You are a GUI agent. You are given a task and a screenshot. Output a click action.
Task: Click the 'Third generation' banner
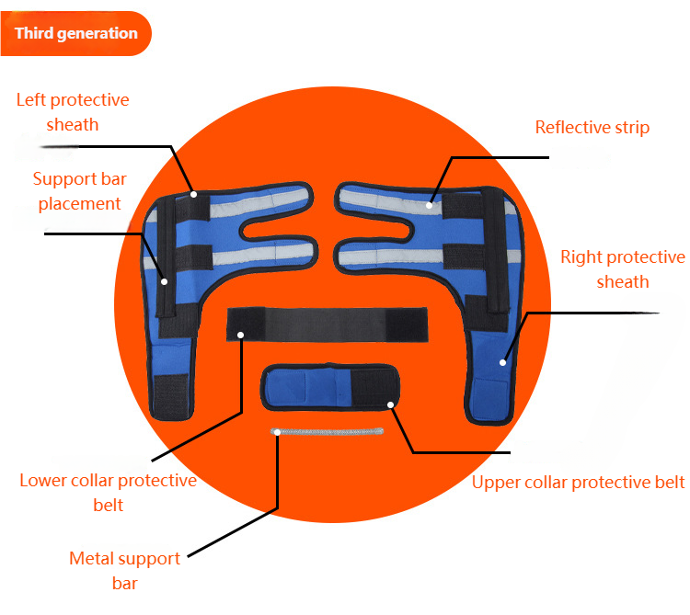tap(75, 34)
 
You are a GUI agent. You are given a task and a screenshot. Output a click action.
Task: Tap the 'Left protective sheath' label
tap(73, 111)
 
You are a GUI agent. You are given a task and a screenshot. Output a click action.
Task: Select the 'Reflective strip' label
tap(592, 128)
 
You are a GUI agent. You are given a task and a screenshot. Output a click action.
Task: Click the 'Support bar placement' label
tap(78, 191)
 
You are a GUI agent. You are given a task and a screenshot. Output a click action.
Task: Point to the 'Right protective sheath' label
tap(623, 269)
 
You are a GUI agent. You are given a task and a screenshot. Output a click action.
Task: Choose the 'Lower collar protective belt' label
tap(108, 492)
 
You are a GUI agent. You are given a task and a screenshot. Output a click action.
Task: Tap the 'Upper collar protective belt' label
tap(578, 482)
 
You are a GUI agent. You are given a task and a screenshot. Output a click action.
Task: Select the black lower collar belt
tap(327, 323)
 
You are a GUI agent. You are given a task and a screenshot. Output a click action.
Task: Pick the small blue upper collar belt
tap(329, 385)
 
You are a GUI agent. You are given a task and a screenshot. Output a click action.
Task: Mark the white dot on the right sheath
tap(503, 362)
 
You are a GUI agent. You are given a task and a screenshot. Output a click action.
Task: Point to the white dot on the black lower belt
tap(241, 335)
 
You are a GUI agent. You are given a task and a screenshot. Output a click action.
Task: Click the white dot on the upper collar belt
tap(391, 404)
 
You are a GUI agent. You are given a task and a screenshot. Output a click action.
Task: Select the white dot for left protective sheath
tap(194, 193)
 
